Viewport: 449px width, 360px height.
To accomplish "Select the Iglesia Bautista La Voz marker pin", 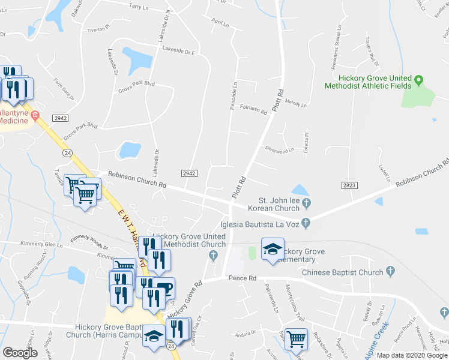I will pos(306,224).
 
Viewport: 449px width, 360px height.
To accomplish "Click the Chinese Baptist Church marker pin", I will pos(391,272).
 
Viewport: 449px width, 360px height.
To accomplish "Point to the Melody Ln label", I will pos(295,103).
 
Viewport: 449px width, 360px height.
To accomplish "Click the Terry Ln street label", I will pos(138,7).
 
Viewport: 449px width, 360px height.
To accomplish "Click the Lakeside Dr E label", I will pos(177,52).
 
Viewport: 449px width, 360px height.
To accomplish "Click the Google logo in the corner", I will pos(20,353).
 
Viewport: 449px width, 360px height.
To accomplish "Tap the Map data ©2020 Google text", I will pos(412,355).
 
